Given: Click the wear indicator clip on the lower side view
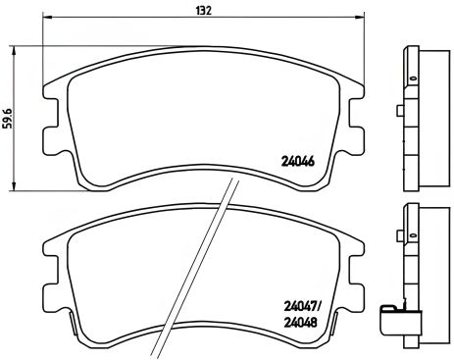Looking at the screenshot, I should [x=395, y=319].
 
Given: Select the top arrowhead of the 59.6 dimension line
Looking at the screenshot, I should [x=13, y=52].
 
